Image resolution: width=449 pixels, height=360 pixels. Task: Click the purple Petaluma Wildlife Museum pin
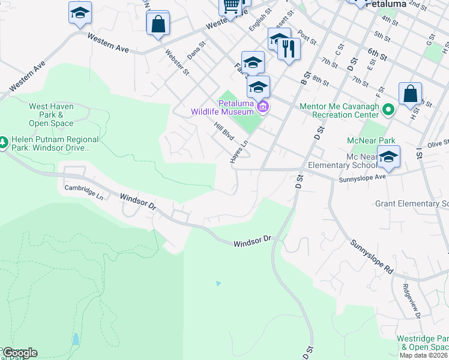tap(262, 107)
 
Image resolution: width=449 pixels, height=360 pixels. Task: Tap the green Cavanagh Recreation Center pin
tap(388, 110)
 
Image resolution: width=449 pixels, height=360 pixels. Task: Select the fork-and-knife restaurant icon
tap(289, 49)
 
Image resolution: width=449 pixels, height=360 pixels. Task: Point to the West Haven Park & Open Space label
tap(51, 115)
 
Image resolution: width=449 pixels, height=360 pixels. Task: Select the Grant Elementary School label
tap(412, 203)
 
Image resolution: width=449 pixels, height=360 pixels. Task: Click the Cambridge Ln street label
tap(84, 192)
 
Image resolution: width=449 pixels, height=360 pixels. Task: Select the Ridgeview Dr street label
tap(412, 299)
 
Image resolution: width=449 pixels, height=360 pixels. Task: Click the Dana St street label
tap(196, 49)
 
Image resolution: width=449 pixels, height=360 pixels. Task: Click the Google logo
tap(20, 353)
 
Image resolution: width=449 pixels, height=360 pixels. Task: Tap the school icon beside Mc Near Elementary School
tap(388, 157)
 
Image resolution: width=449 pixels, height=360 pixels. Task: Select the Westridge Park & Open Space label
tap(423, 343)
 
